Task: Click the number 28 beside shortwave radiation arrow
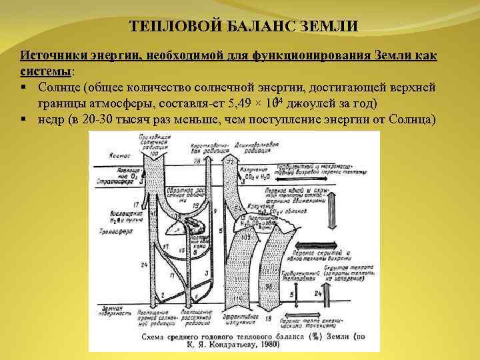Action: pos(197,162)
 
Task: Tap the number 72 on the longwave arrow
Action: pos(232,162)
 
